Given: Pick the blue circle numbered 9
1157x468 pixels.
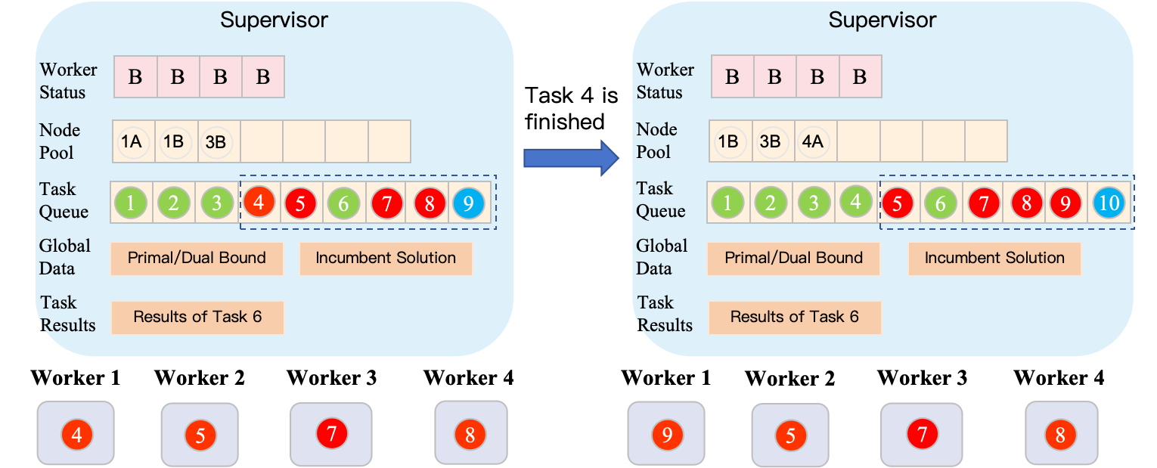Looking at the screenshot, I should (468, 203).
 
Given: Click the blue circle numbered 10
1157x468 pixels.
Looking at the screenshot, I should (1109, 203).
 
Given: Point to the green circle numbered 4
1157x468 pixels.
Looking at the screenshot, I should (855, 202).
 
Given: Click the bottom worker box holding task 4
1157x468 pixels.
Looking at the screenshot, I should (76, 433).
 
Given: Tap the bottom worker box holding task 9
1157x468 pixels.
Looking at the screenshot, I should (666, 434).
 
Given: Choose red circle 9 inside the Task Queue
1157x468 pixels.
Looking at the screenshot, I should (1066, 203).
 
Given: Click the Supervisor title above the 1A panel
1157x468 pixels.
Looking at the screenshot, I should (274, 20).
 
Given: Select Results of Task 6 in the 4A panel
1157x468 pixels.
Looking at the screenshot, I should (794, 317).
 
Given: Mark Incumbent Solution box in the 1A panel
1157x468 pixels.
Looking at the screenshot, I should (386, 258).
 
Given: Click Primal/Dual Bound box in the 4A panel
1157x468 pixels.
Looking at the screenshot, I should (793, 258).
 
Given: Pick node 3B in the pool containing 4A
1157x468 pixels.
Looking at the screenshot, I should (771, 141).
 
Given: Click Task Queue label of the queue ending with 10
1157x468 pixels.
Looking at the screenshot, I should (660, 200).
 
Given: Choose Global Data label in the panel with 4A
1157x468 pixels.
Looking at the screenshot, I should (662, 257).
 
